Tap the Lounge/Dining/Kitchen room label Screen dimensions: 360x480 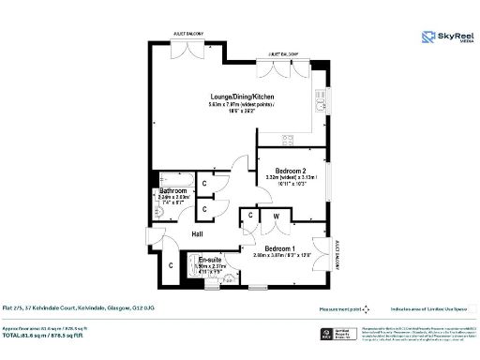(x=241, y=97)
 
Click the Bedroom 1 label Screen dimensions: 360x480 (x=280, y=248)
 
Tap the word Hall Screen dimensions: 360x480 (x=198, y=233)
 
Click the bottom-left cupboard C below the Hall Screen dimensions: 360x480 (x=171, y=266)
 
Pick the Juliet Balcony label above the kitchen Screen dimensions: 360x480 (x=281, y=54)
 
